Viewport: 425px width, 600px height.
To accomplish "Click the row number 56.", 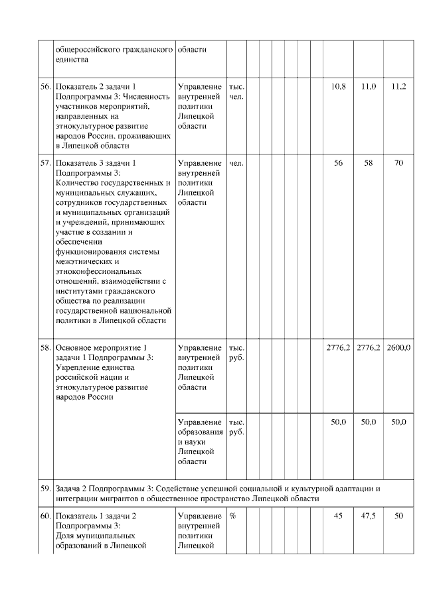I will pyautogui.click(x=46, y=87).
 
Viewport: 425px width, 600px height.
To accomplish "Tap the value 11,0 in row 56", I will pyautogui.click(x=368, y=87).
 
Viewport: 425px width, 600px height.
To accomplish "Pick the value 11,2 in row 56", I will pyautogui.click(x=398, y=87).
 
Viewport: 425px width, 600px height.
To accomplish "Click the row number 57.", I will pyautogui.click(x=46, y=162).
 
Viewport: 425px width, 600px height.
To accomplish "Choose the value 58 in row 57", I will pyautogui.click(x=368, y=162).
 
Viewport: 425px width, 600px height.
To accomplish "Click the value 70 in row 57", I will pyautogui.click(x=398, y=162).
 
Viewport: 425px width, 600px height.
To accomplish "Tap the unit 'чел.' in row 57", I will pyautogui.click(x=236, y=162).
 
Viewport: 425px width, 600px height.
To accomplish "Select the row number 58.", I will pyautogui.click(x=46, y=347).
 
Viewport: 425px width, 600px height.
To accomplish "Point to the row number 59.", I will pyautogui.click(x=46, y=489).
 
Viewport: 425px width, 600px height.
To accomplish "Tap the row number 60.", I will pyautogui.click(x=46, y=516).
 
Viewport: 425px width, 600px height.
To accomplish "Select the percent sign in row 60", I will pyautogui.click(x=232, y=516).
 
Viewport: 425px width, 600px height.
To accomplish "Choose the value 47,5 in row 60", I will pyautogui.click(x=368, y=516).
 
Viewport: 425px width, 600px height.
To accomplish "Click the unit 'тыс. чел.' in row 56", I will pyautogui.click(x=236, y=92).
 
